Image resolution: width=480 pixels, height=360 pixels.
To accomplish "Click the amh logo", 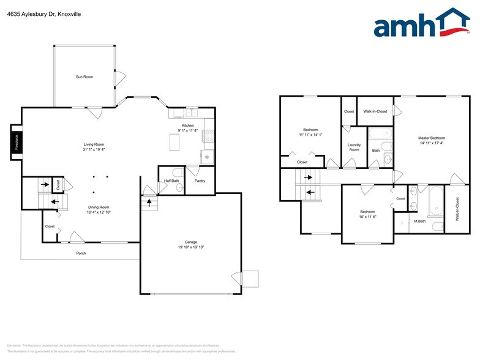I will coord(422,24).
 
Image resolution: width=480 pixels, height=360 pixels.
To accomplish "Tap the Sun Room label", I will coord(84,77).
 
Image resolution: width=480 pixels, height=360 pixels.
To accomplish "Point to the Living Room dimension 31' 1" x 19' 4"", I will coord(94,149).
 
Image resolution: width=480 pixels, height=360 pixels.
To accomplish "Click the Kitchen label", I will coord(187,126).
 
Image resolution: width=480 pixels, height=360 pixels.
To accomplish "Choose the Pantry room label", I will coord(200,181).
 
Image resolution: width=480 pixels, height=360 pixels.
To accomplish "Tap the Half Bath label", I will coord(171,181).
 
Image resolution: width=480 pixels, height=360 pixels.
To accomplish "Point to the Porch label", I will coord(81,253).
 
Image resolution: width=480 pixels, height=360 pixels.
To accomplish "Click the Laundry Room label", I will coord(354,148).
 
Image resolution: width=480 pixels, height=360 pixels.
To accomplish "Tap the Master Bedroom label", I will coord(431,138).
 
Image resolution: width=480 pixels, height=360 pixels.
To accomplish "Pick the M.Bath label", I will coord(419,221).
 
